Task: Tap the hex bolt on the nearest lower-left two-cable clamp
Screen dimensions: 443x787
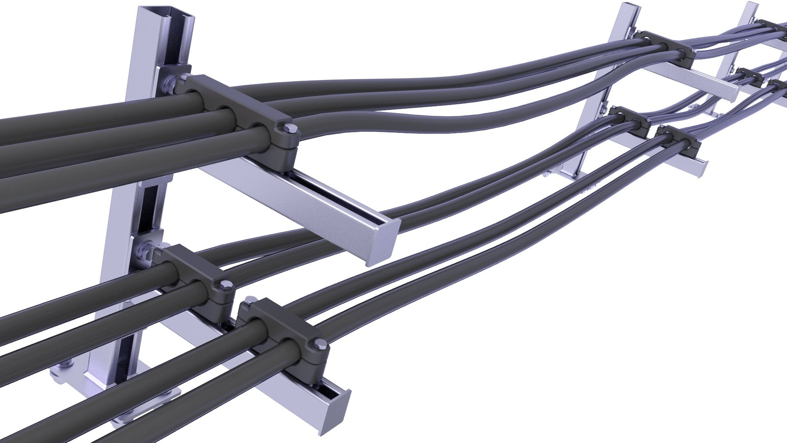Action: tap(225, 285)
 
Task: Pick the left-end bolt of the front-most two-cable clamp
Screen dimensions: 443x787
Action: tap(249, 302)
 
